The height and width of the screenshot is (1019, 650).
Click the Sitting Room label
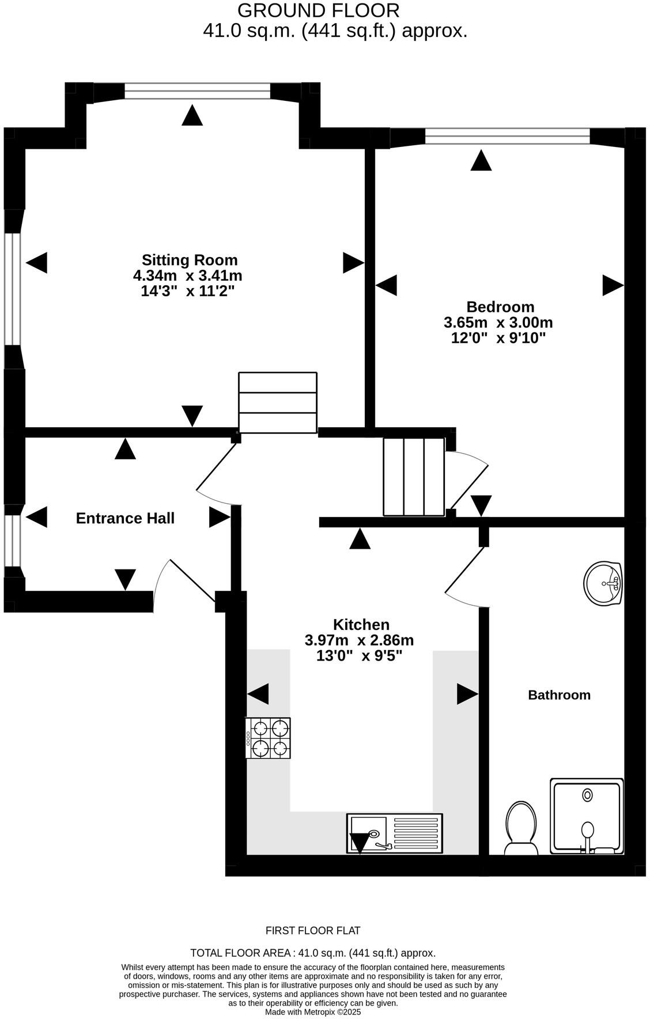(190, 260)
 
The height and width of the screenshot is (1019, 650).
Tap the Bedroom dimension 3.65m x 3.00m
(498, 322)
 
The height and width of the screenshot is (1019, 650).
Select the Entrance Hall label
(125, 518)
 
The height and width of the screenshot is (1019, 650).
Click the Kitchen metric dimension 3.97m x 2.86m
(359, 640)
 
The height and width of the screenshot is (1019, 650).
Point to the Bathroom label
(559, 695)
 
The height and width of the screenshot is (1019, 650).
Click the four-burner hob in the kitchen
(269, 738)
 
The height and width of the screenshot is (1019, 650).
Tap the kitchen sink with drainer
(394, 833)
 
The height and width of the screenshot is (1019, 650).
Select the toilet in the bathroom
(521, 828)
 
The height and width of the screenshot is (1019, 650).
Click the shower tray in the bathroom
(587, 816)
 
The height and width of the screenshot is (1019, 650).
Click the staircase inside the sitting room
(278, 402)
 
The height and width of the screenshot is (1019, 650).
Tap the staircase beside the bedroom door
(414, 477)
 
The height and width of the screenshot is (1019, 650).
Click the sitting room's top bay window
(197, 91)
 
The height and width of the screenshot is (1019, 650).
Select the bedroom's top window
(507, 137)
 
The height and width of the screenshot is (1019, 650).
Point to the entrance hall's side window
(12, 540)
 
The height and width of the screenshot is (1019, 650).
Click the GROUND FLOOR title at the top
(318, 10)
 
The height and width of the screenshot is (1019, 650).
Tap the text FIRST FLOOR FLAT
(312, 931)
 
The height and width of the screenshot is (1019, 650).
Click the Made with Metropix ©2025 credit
(312, 1012)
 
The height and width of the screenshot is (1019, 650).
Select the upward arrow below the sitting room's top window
(192, 115)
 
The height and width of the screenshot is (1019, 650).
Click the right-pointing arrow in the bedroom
(613, 285)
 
